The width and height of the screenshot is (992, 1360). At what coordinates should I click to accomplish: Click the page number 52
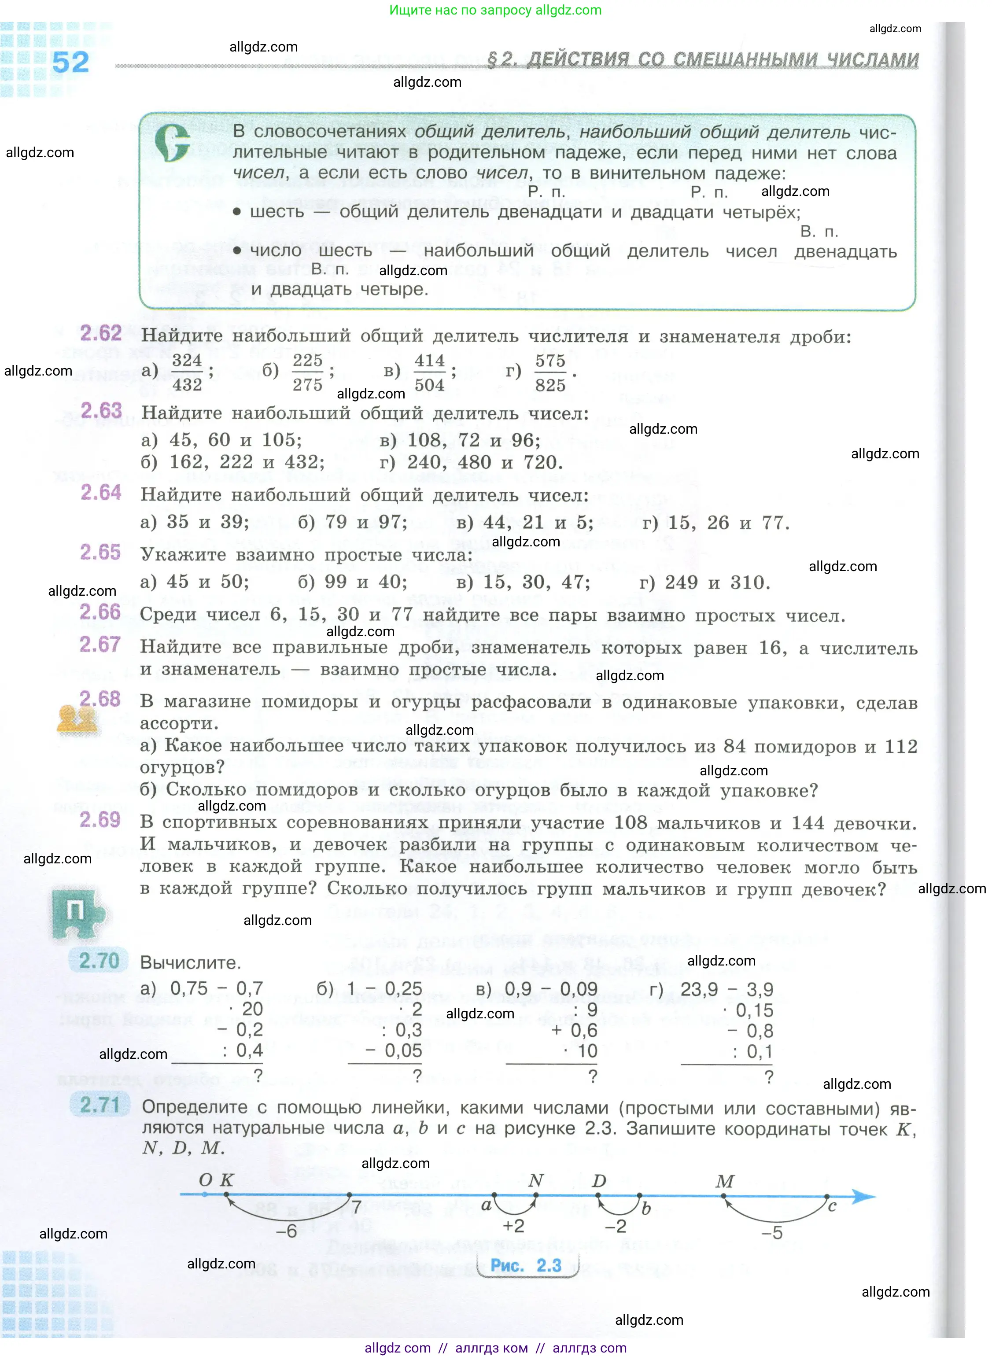[x=70, y=63]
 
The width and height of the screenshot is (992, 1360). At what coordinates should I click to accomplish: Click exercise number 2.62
[x=101, y=333]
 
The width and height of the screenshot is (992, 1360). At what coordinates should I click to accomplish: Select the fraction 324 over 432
[x=187, y=372]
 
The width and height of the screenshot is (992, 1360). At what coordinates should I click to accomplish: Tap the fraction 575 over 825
[x=550, y=373]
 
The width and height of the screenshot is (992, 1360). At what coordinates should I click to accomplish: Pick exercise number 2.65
[x=100, y=553]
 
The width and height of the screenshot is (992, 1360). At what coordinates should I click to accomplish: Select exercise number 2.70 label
[x=100, y=961]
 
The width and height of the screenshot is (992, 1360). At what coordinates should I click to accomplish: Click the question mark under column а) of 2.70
[x=258, y=1076]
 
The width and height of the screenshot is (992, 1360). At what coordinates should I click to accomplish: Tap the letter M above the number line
[x=725, y=1181]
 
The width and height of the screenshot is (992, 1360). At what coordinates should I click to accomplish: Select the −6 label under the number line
[x=287, y=1231]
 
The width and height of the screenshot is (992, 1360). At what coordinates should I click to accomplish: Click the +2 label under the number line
[x=513, y=1226]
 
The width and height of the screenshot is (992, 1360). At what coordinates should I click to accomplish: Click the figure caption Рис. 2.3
[x=526, y=1265]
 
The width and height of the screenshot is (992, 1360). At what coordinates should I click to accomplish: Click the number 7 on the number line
[x=357, y=1206]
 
